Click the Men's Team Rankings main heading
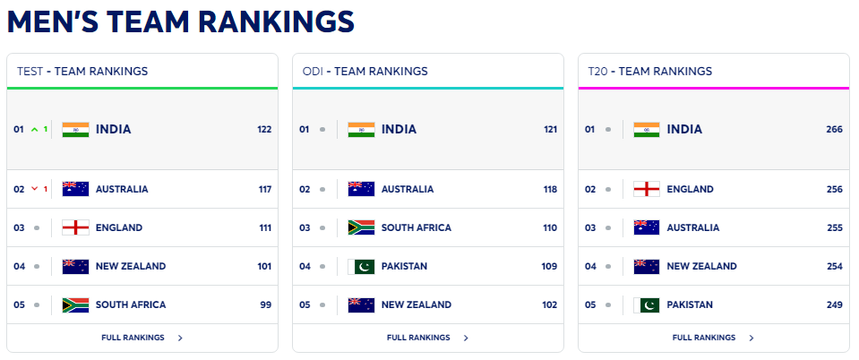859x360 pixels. pyautogui.click(x=181, y=21)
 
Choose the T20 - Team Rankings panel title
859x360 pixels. pyautogui.click(x=649, y=72)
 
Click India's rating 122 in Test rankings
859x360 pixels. pyautogui.click(x=264, y=130)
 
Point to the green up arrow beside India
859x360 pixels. pyautogui.click(x=34, y=130)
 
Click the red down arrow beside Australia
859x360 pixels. pyautogui.click(x=34, y=189)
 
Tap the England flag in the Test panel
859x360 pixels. pyautogui.click(x=75, y=227)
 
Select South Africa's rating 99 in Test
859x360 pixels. pyautogui.click(x=265, y=304)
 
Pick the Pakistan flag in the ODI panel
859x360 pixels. pyautogui.click(x=361, y=266)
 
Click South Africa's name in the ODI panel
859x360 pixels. pyautogui.click(x=417, y=227)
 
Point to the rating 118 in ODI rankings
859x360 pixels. pyautogui.click(x=550, y=189)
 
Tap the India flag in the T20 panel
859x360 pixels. pyautogui.click(x=647, y=130)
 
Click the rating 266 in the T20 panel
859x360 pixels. pyautogui.click(x=835, y=130)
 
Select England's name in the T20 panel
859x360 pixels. pyautogui.click(x=691, y=189)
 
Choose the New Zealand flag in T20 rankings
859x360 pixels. pyautogui.click(x=647, y=266)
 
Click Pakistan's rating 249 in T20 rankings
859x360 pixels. pyautogui.click(x=835, y=304)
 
